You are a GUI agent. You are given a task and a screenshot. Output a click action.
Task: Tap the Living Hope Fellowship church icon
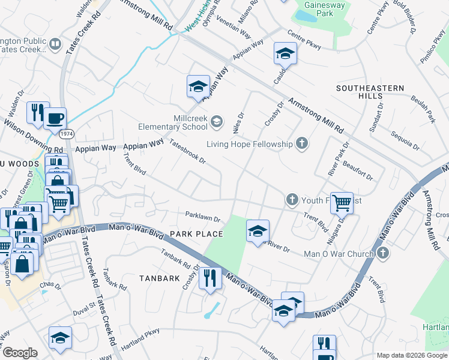coord(302,143)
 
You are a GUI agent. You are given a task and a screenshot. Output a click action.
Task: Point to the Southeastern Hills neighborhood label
coord(370,92)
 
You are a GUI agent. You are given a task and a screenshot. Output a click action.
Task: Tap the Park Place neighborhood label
coord(196,234)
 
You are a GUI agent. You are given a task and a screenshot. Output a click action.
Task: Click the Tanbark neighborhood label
coord(160,278)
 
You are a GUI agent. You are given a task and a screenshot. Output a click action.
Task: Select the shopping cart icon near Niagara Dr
coord(342,203)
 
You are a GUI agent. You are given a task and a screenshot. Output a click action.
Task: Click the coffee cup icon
coord(55,118)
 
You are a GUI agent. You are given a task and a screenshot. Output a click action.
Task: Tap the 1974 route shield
coord(67,133)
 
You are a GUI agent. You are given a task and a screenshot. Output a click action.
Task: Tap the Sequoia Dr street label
coord(405,140)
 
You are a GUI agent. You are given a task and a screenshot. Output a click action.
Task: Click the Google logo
coord(20,352)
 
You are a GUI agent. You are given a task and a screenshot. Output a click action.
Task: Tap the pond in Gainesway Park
coord(306,16)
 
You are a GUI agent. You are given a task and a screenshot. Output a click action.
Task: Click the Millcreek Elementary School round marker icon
coord(217,123)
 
